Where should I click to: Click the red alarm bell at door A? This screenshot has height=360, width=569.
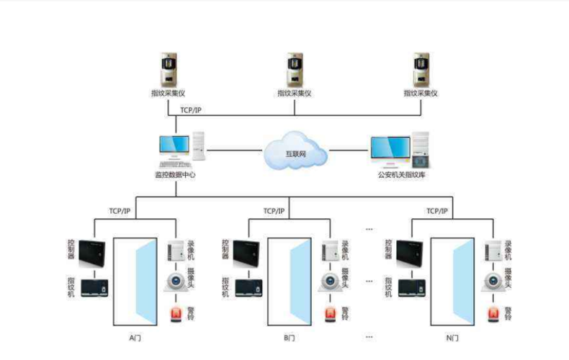pos(176,314)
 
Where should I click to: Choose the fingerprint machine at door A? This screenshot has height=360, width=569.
pos(96,288)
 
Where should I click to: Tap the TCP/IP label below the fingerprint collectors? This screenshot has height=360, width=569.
pos(191,109)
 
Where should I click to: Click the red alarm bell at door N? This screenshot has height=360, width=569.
pos(494,314)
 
